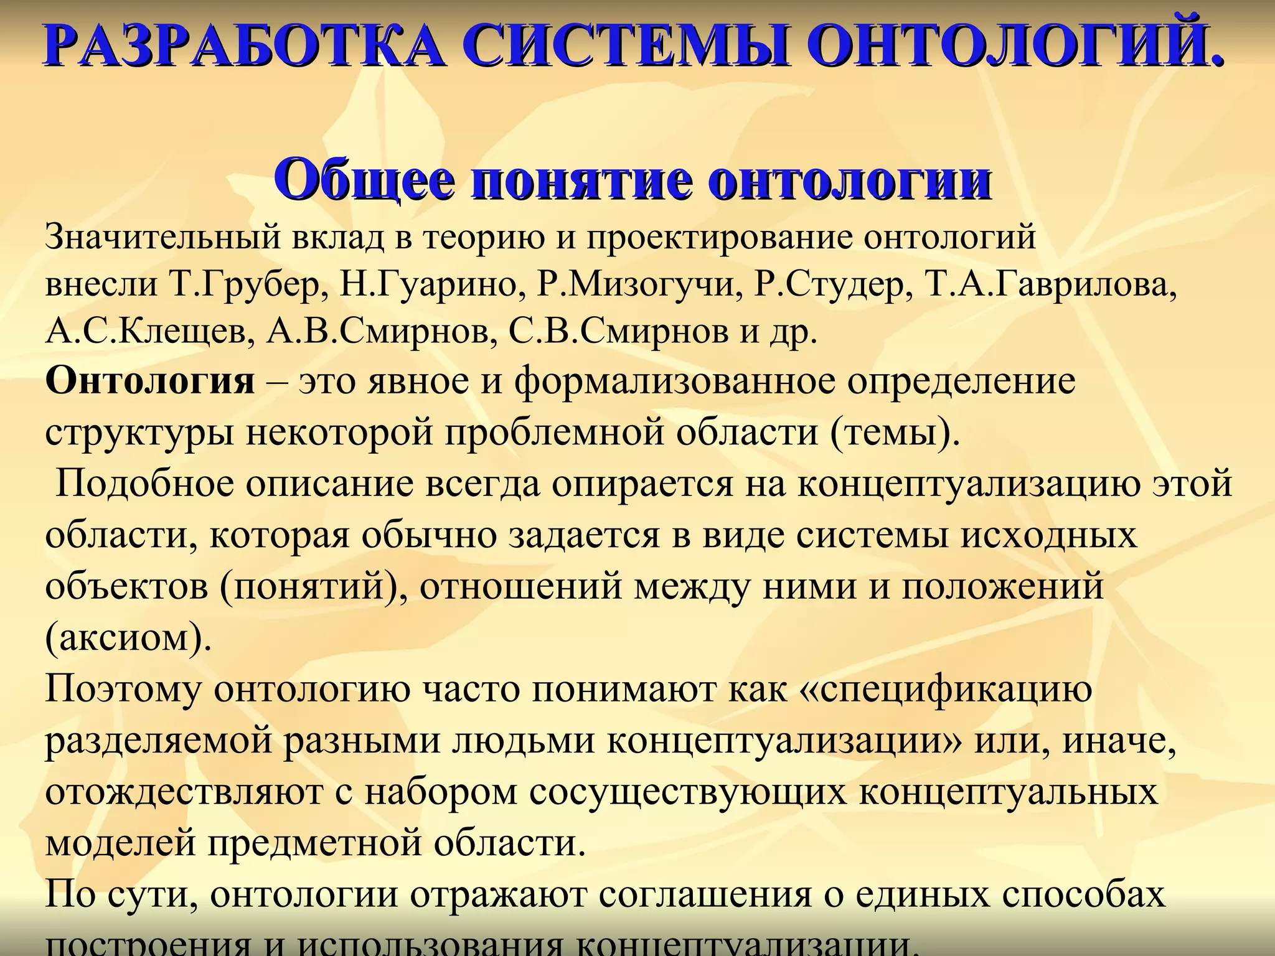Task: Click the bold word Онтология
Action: (150, 381)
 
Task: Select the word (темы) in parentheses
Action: (895, 433)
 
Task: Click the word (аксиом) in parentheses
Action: (128, 638)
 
